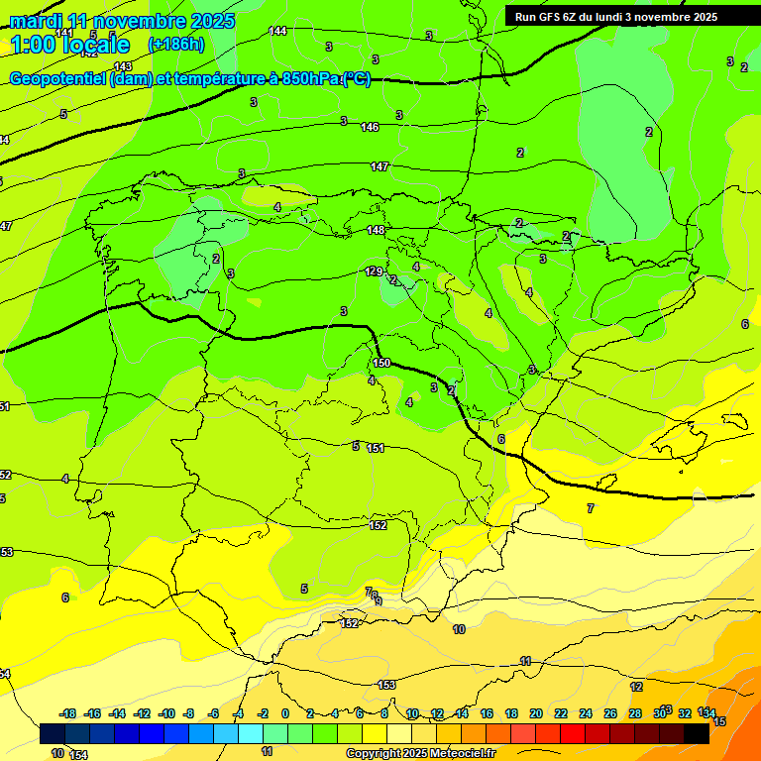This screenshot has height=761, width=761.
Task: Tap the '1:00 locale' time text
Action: [x=69, y=45]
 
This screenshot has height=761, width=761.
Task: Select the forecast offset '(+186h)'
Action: [x=176, y=45]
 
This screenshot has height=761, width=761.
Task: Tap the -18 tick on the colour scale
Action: [x=68, y=713]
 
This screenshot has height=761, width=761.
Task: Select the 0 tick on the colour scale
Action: [x=285, y=713]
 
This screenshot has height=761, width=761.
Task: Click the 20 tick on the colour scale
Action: [x=535, y=713]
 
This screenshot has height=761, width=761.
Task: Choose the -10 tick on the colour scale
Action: [x=166, y=713]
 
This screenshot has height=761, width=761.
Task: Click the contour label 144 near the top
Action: [x=278, y=32]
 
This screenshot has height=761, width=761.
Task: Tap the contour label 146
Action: [x=370, y=127]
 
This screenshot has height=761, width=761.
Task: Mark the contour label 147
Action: [x=380, y=166]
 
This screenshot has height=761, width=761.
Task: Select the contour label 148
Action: [x=376, y=230]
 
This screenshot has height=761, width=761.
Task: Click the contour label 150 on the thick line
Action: [x=382, y=364]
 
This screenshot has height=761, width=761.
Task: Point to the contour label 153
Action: [x=387, y=685]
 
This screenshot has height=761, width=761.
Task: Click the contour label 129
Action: [x=374, y=271]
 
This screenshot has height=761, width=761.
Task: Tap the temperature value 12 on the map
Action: [x=636, y=687]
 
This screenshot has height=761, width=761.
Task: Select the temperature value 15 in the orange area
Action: [x=719, y=721]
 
